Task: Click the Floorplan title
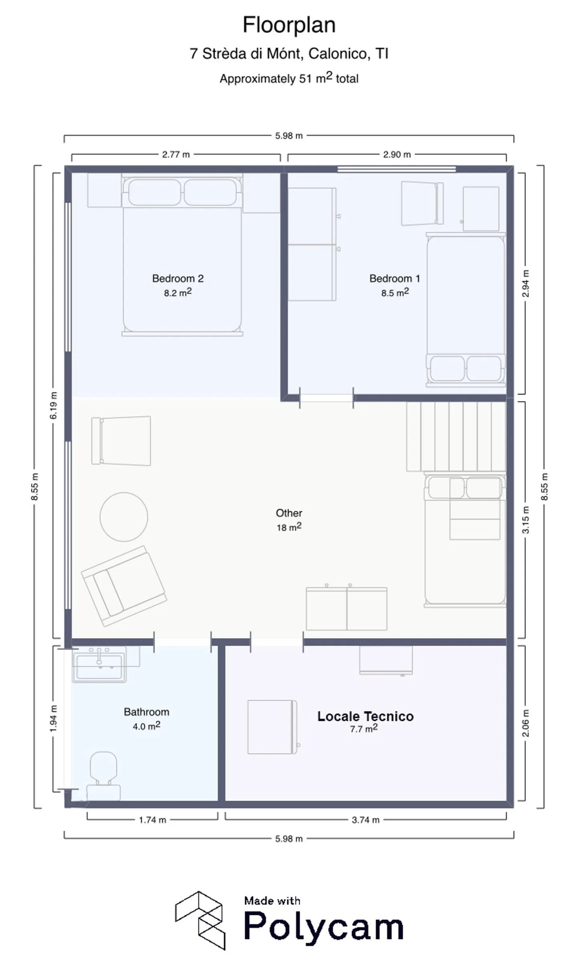[289, 25]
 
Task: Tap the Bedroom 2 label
[178, 278]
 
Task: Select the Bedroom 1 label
[395, 278]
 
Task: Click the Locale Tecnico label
[365, 716]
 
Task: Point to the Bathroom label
[147, 712]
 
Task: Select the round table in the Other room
[124, 517]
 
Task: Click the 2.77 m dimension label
[176, 155]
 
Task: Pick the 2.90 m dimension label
[397, 155]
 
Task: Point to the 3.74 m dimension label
[365, 820]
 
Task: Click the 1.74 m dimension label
[152, 820]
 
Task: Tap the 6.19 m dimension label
[53, 405]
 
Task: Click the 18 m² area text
[289, 527]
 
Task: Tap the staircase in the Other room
[456, 436]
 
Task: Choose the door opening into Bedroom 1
[327, 398]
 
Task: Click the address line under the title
[289, 54]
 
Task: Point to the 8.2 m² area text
[178, 292]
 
